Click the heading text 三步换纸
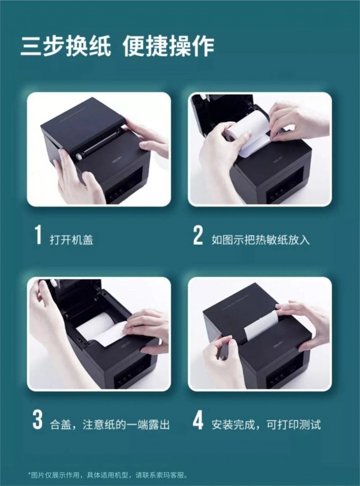point(65,46)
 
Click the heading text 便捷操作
point(169,46)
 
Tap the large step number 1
point(38,235)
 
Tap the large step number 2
point(198,235)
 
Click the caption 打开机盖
point(71,240)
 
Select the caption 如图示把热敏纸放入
point(260,240)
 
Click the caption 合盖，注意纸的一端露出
point(110,425)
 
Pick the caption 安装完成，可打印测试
point(266,425)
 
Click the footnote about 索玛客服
point(108,475)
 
